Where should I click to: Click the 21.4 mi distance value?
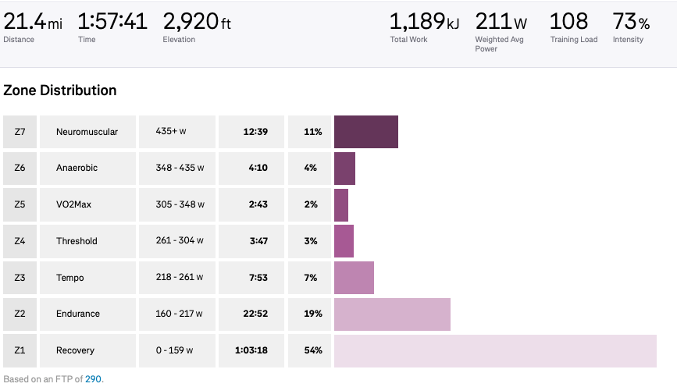tap(33, 21)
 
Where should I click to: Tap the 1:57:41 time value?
tap(112, 21)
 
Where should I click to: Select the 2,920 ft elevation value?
tap(197, 21)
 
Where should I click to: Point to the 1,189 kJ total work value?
tap(425, 21)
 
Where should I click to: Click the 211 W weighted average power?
tap(501, 21)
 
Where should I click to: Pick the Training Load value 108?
tap(568, 21)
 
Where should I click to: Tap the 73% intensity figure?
tap(631, 21)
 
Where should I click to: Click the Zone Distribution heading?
tap(60, 91)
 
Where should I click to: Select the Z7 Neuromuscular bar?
tap(366, 132)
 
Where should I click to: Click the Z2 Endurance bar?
tap(392, 314)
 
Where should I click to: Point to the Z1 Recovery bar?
tap(495, 351)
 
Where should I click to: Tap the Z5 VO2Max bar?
tap(341, 204)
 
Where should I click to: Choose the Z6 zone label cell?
tap(20, 168)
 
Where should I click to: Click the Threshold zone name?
tap(77, 241)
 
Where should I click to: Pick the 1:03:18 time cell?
tap(251, 351)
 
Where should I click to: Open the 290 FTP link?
tap(93, 379)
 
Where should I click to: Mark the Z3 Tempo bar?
tap(354, 278)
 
